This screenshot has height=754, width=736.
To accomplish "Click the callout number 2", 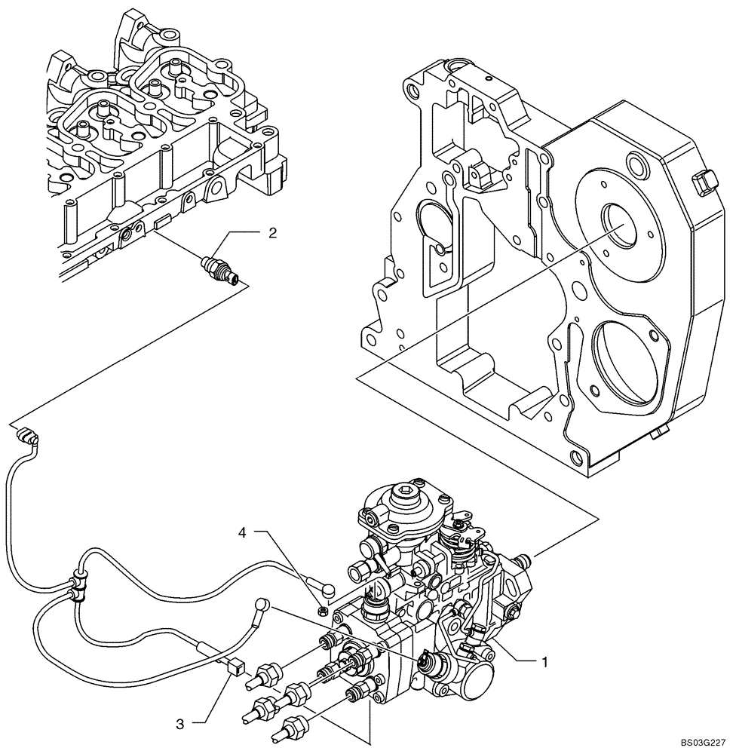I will point(272,233).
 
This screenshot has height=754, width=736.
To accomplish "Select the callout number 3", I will point(179,724).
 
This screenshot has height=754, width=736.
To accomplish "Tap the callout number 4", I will point(242,533).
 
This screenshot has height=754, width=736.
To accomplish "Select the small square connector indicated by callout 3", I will point(235,664).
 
